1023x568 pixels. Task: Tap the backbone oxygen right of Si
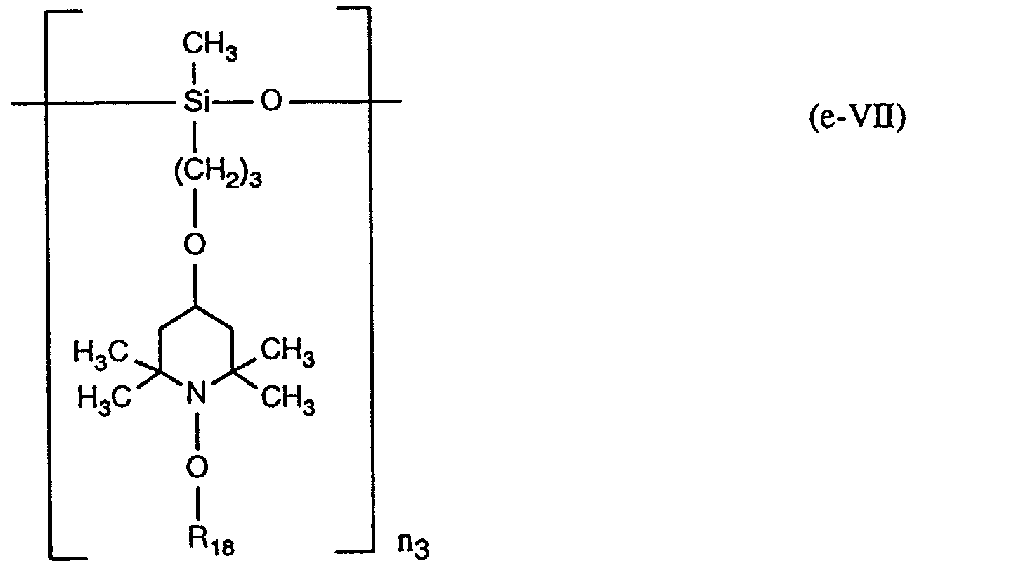[x=271, y=103]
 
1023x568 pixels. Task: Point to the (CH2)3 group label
[x=217, y=174]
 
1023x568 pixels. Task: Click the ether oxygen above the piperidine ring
[x=196, y=245]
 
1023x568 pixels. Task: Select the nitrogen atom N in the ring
[x=196, y=392]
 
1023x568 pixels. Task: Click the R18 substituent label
[x=209, y=542]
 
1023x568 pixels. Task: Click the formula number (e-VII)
[x=858, y=118]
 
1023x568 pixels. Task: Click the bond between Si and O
[x=235, y=103]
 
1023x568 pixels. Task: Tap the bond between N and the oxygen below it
[x=197, y=429]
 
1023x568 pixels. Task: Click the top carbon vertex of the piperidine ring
[x=197, y=305]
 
